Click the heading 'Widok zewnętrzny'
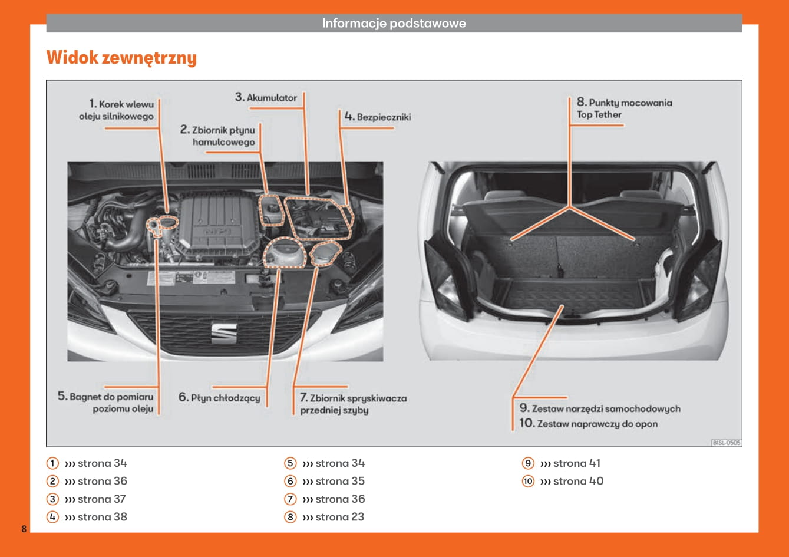coord(121,58)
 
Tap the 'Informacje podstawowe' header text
coord(394,24)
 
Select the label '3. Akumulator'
coord(266,97)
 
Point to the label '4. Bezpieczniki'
coord(378,117)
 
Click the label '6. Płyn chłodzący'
coord(219,398)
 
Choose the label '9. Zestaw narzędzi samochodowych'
coord(600,408)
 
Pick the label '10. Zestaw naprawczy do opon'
coord(588,423)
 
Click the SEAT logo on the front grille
coord(224,333)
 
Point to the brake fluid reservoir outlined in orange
coord(272,210)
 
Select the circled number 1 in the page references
coord(53,463)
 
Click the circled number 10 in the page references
coord(528,482)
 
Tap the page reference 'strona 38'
coord(102,517)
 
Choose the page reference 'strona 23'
coord(340,517)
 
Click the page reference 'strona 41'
coord(577,463)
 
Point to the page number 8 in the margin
coord(24,528)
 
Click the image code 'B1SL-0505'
coord(726,442)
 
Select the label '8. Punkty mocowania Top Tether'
coord(624,108)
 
